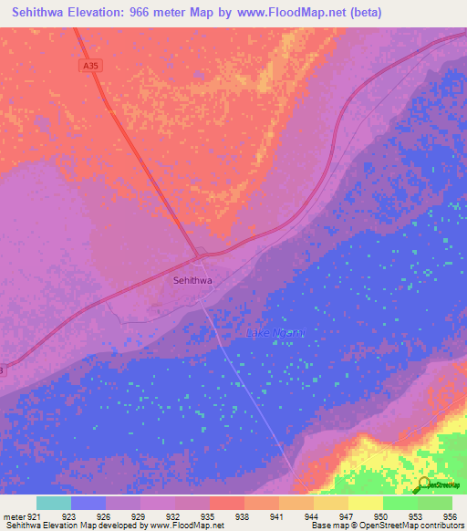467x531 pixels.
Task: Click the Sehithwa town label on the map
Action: point(192,281)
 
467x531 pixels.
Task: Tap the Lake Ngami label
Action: point(275,333)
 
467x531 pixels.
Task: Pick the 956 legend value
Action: point(448,516)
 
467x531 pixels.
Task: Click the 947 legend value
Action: point(345,516)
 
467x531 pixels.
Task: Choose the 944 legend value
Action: point(311,516)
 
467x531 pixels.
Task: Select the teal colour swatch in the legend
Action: point(54,503)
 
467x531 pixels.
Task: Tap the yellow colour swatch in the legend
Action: point(365,503)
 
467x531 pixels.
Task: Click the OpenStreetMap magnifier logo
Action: point(424,484)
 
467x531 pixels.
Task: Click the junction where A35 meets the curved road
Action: point(200,255)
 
